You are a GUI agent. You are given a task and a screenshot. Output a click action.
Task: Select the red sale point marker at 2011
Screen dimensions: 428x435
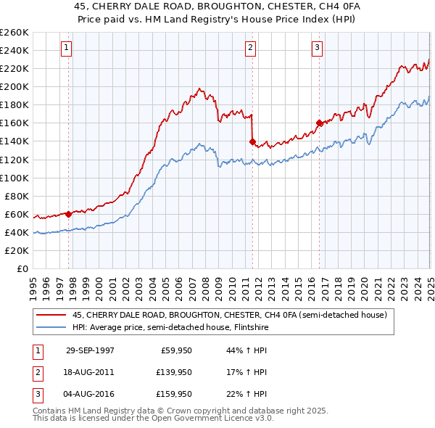(x=252, y=141)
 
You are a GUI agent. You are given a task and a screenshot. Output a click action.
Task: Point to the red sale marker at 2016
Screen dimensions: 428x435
(x=319, y=123)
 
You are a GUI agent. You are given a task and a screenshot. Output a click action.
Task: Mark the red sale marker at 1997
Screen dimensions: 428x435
(x=69, y=213)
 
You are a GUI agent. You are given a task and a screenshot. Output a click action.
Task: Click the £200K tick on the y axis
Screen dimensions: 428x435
(x=14, y=86)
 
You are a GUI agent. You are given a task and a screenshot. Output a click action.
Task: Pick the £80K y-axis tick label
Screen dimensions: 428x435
(x=17, y=196)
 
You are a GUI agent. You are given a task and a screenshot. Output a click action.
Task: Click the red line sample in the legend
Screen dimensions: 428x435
(x=51, y=315)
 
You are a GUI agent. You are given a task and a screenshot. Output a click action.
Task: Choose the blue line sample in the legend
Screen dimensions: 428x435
(x=51, y=327)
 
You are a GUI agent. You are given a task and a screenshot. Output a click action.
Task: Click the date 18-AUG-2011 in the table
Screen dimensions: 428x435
(x=89, y=372)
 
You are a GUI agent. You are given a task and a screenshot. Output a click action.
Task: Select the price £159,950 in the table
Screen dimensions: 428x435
(x=173, y=394)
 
